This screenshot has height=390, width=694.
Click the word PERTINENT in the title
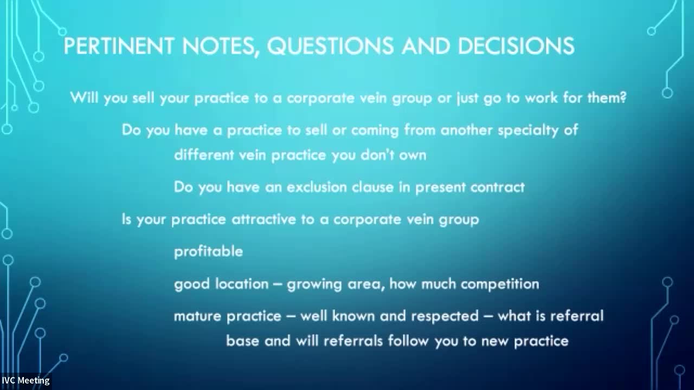click(119, 46)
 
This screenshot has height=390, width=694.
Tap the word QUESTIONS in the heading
click(330, 46)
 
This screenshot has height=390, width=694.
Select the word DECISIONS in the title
click(516, 46)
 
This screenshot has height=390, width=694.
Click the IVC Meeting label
click(25, 380)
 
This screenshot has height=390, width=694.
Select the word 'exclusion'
click(317, 187)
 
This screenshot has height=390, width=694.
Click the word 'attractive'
click(264, 219)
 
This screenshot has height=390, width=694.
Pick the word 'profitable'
click(209, 252)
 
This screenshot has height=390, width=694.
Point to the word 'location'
click(242, 284)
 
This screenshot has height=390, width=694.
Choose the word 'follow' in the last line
click(408, 341)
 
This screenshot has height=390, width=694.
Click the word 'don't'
click(377, 155)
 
